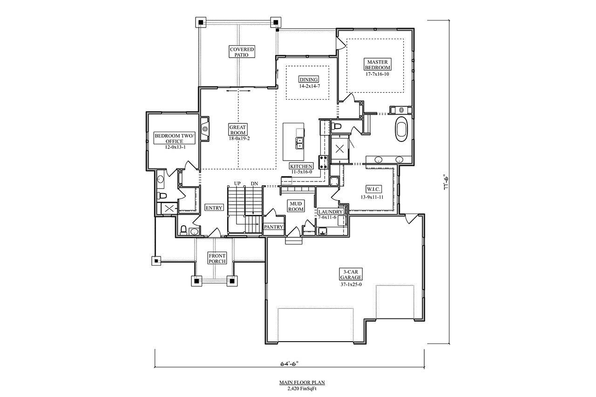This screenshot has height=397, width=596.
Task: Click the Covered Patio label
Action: click(242, 52)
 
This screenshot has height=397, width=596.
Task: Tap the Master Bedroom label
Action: click(378, 64)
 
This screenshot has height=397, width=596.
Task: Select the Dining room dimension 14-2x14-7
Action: click(310, 86)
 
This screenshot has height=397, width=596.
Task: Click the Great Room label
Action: click(237, 130)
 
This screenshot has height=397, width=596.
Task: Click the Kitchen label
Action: click(301, 166)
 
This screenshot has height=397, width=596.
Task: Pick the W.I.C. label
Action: click(374, 189)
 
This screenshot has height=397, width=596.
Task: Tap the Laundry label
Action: click(331, 212)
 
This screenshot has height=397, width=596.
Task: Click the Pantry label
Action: click(274, 227)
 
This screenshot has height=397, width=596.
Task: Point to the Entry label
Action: click(214, 208)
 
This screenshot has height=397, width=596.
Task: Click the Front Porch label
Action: click(217, 259)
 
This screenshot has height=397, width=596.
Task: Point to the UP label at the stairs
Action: click(237, 183)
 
